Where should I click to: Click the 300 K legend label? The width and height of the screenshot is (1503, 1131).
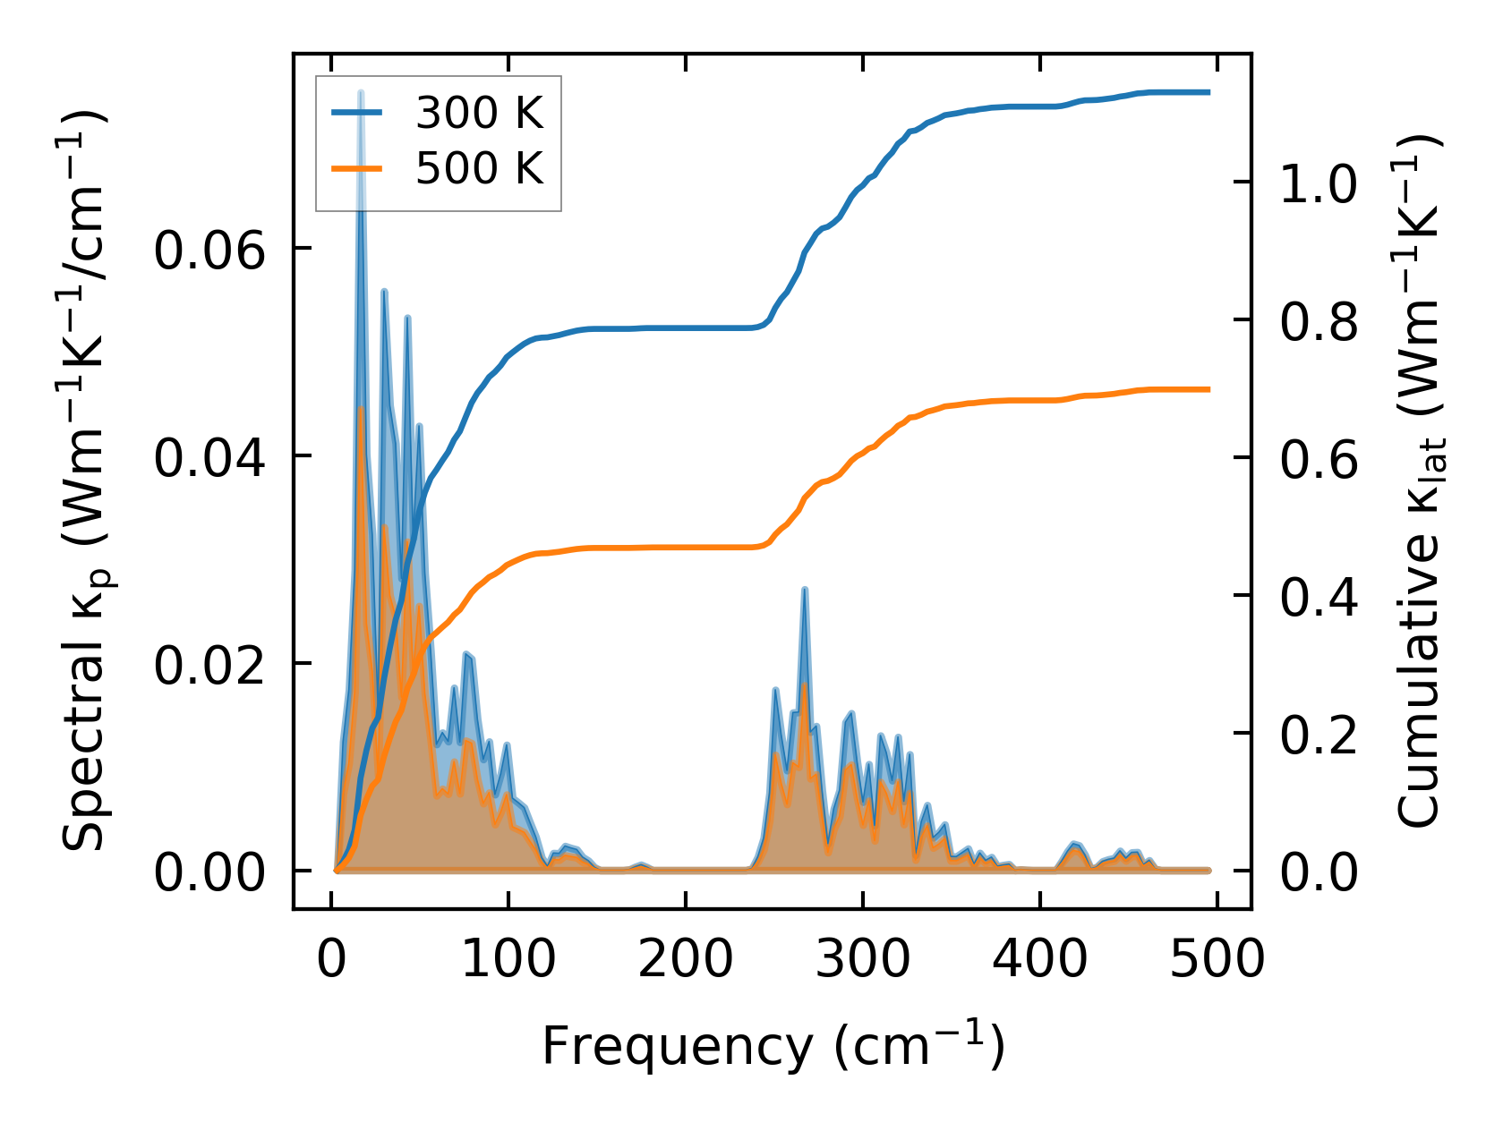pyautogui.click(x=479, y=113)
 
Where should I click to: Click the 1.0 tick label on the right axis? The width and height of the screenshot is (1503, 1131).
pyautogui.click(x=1319, y=183)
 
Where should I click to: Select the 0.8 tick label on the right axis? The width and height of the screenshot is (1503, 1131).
pyautogui.click(x=1319, y=321)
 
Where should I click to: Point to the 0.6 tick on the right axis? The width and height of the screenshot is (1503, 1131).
pyautogui.click(x=1319, y=459)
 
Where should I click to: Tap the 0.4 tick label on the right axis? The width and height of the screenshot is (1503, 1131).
pyautogui.click(x=1319, y=597)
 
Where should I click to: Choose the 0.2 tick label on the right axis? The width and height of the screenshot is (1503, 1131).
pyautogui.click(x=1319, y=735)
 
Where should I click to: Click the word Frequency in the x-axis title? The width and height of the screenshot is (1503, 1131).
pyautogui.click(x=675, y=1045)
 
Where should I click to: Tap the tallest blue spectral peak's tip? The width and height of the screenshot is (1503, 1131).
pyautogui.click(x=361, y=92)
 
